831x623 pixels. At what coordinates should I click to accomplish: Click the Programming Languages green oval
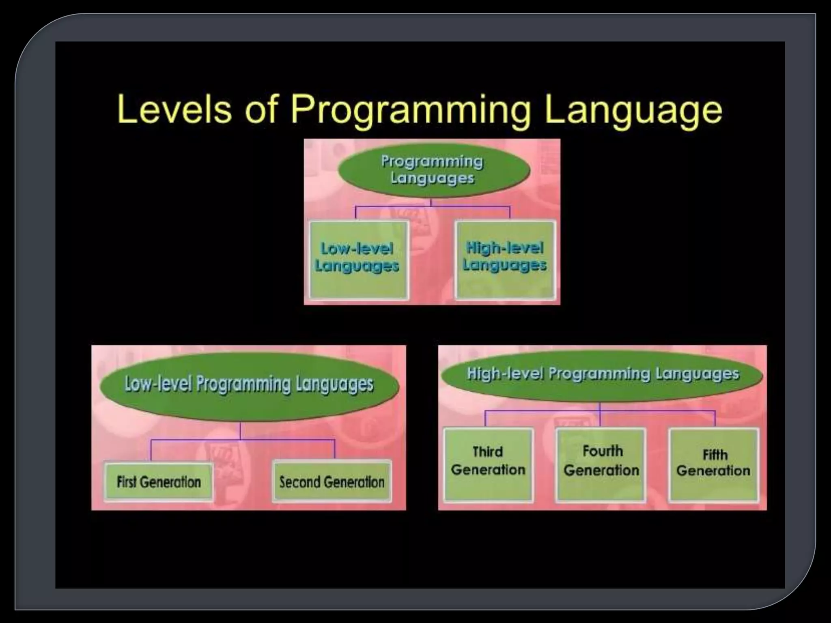(433, 170)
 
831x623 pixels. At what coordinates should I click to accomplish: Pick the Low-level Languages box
(358, 260)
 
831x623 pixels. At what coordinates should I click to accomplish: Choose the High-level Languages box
(505, 260)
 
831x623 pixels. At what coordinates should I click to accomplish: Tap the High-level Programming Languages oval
(603, 374)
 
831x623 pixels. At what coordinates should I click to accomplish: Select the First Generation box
(159, 481)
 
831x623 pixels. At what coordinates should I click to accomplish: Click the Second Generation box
(332, 481)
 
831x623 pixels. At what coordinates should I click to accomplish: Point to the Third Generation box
(488, 465)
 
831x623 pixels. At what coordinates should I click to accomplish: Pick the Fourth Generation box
(601, 465)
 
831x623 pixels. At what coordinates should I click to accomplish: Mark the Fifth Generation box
(713, 465)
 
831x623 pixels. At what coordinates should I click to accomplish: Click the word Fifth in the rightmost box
(715, 455)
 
